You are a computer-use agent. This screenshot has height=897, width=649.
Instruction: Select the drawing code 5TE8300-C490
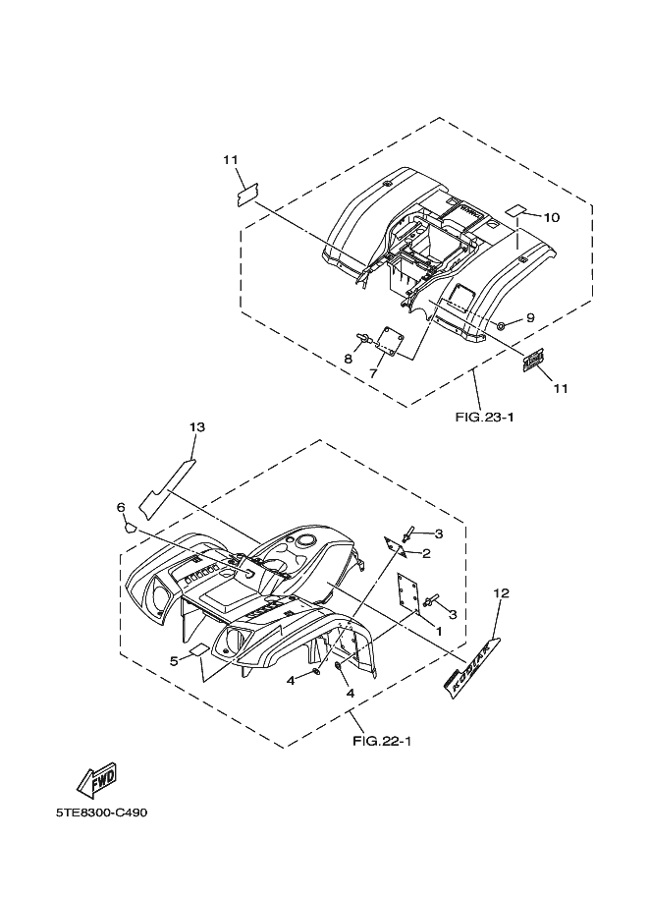102,813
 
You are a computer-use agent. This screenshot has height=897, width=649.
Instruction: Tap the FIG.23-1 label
485,416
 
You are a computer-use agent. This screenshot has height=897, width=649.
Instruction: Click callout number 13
197,426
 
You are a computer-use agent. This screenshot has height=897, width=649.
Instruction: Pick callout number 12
502,593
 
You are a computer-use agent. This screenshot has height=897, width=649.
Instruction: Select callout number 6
121,507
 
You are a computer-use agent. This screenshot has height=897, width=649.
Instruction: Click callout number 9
529,317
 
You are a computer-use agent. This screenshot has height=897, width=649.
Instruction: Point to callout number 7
373,373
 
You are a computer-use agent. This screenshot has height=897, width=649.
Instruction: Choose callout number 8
348,360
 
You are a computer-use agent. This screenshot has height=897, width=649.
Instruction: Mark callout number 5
174,660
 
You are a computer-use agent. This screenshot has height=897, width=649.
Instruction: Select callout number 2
426,553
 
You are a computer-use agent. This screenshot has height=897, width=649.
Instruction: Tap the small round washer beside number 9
502,325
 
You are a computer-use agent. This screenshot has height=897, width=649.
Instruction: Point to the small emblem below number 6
129,526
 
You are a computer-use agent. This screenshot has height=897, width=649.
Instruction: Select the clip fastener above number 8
366,337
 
